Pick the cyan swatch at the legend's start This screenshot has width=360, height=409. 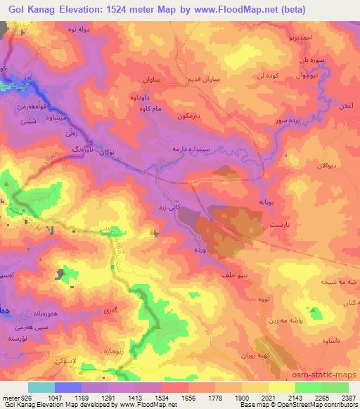41,387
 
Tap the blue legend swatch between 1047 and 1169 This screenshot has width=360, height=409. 68,387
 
